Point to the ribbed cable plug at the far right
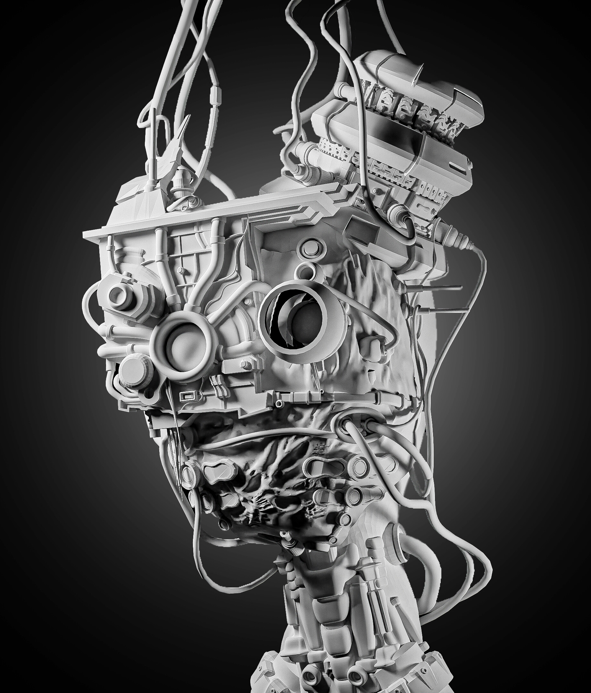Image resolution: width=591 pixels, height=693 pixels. (454, 239)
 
